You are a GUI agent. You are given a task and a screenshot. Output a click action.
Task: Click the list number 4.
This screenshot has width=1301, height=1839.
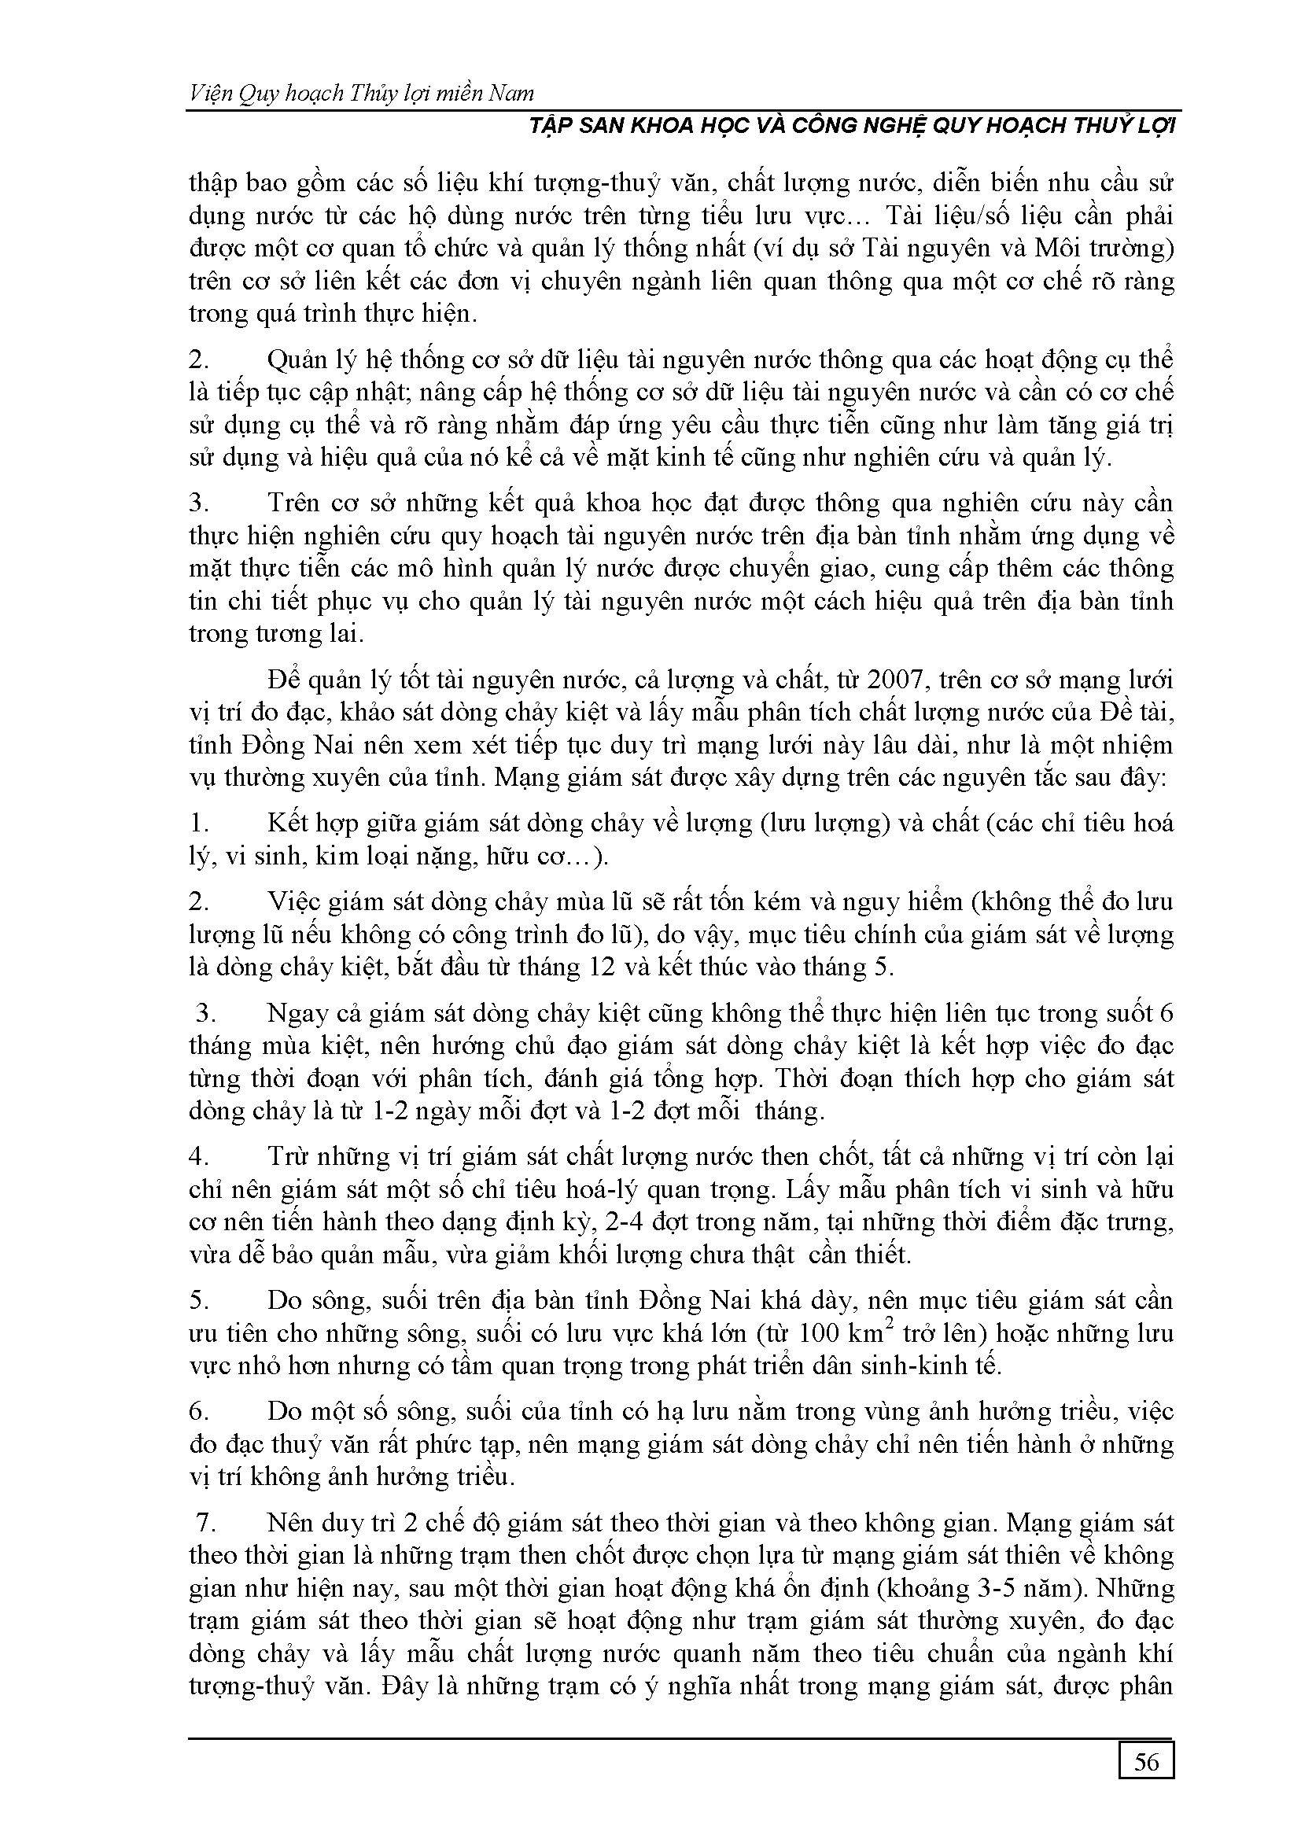(199, 1156)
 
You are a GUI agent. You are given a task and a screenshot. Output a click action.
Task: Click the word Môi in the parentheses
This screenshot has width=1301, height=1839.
(1059, 249)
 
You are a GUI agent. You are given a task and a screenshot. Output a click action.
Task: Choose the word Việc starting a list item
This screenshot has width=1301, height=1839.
(294, 902)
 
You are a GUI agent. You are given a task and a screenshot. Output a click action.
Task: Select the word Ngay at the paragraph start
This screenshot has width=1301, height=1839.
(296, 1013)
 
